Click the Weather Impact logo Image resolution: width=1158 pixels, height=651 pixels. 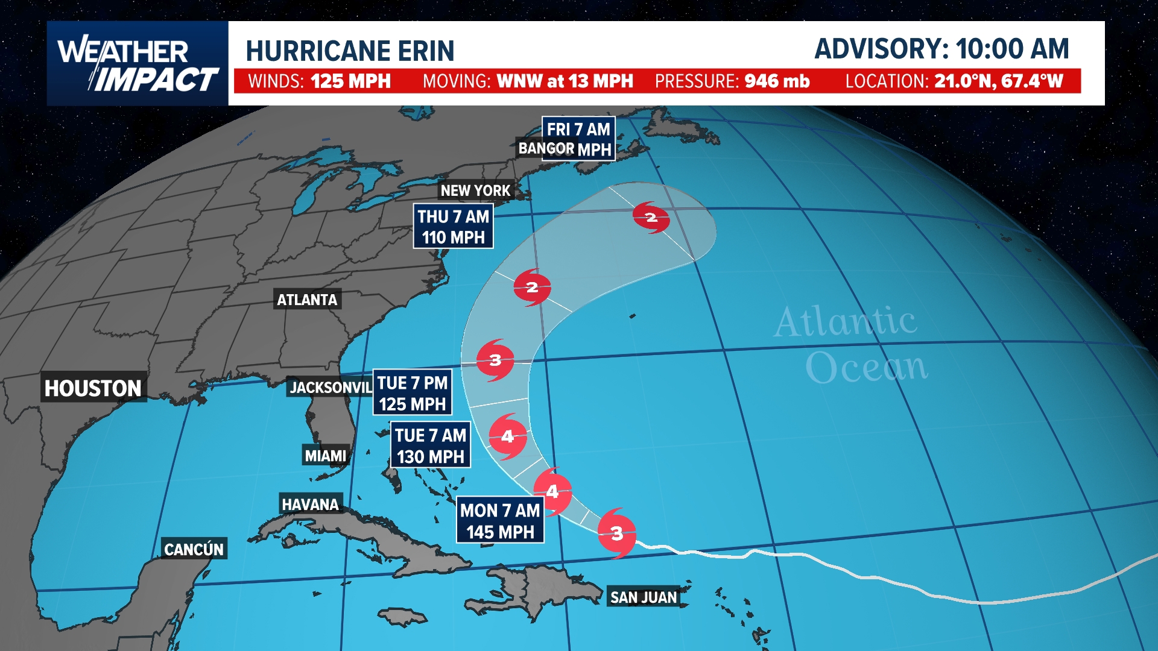(138, 64)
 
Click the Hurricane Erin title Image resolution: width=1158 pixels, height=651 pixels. (350, 51)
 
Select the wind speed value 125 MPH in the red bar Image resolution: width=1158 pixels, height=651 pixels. (350, 81)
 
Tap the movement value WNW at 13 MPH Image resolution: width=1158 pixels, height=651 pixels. (565, 81)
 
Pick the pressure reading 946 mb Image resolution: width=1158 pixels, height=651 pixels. (777, 81)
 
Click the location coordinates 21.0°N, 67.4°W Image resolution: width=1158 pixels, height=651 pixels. (998, 81)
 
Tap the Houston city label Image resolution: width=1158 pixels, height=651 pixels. (93, 388)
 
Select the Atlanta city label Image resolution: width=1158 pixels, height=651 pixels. (307, 300)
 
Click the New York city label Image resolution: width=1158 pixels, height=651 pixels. (475, 190)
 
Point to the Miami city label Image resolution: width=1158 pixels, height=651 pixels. (326, 456)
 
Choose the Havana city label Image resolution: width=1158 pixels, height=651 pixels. (310, 504)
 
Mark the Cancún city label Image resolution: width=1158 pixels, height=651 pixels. (194, 549)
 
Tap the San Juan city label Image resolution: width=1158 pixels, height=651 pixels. (644, 597)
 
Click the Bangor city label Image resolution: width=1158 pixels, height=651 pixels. (546, 148)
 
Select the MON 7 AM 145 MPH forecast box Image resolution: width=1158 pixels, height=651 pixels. (500, 521)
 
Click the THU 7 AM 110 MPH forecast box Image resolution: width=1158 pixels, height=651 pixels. (453, 227)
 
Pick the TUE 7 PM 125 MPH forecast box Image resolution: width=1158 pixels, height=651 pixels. (413, 393)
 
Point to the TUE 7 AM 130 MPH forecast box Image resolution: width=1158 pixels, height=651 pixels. (431, 445)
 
